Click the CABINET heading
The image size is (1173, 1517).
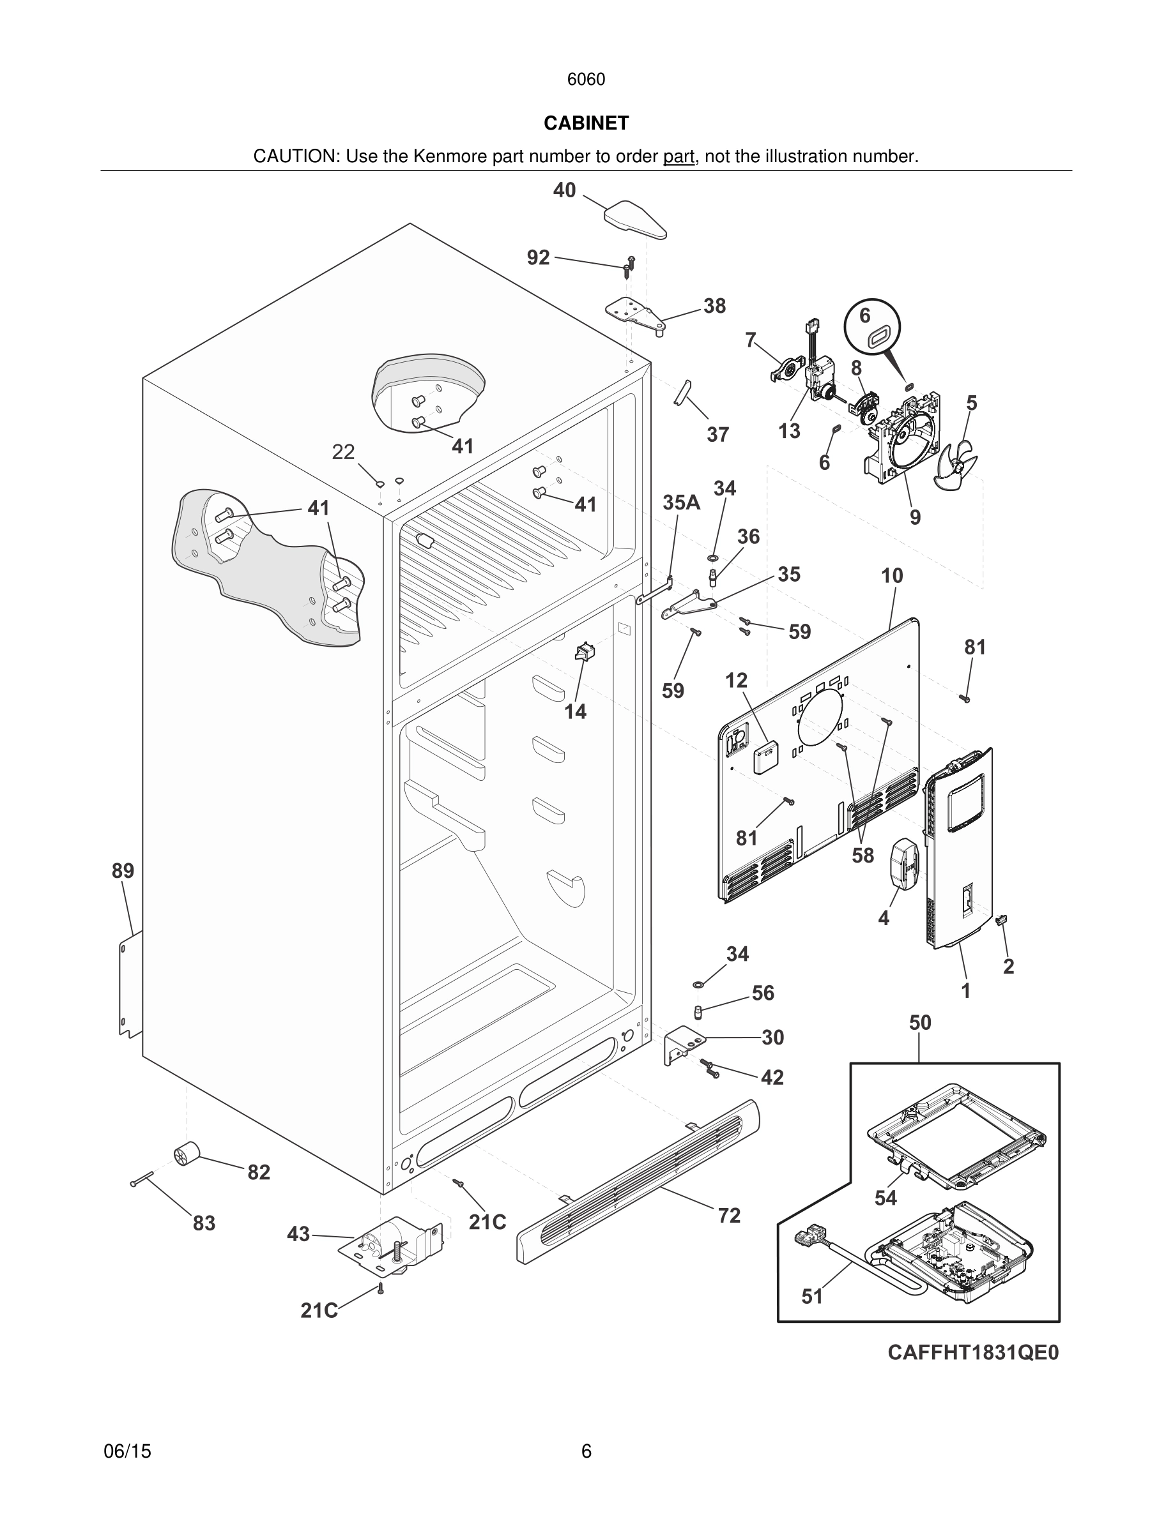[x=586, y=123]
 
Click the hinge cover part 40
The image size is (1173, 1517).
[x=634, y=219]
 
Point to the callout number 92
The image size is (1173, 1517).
[x=538, y=258]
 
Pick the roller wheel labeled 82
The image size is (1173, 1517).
[x=185, y=1154]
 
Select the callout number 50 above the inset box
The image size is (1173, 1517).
[x=919, y=1022]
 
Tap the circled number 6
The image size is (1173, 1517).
[x=864, y=315]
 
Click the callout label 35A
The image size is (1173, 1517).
[x=681, y=502]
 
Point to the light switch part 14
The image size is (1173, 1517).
[x=583, y=653]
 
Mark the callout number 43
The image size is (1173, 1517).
[x=298, y=1234]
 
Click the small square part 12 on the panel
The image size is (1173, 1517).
[x=766, y=757]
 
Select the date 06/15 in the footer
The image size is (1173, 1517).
[x=127, y=1451]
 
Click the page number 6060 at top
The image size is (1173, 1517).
[x=586, y=79]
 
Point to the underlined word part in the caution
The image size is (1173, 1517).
[x=678, y=157]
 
